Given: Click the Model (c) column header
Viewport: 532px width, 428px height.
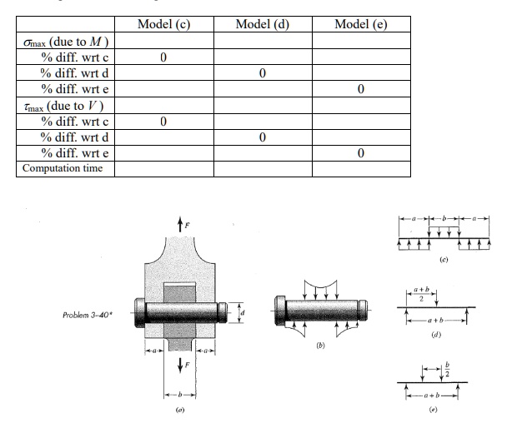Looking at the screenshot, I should [x=163, y=23].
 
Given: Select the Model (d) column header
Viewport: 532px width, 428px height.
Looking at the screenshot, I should [x=262, y=23].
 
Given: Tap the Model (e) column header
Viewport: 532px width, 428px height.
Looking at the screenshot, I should [x=360, y=23].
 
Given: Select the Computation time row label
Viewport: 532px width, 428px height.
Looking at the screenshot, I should [x=63, y=169].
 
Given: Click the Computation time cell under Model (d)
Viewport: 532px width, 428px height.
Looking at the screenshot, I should [x=262, y=169].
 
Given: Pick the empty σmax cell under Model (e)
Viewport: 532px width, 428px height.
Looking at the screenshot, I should [x=360, y=41].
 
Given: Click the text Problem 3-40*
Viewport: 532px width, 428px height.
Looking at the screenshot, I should [x=89, y=316].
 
